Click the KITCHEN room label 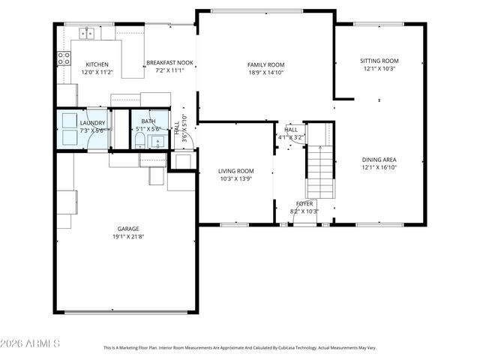click(x=97, y=64)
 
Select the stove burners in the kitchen click(x=64, y=58)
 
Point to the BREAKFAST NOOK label click(x=169, y=63)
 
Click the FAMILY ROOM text click(x=266, y=65)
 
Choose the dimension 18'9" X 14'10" click(x=266, y=73)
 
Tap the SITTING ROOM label click(x=379, y=61)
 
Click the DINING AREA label click(x=379, y=160)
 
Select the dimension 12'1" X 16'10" click(x=379, y=169)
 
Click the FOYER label click(x=304, y=203)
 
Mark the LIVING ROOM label click(x=235, y=170)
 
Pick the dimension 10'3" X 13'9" click(x=235, y=178)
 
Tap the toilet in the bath click(x=139, y=141)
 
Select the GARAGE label click(x=127, y=229)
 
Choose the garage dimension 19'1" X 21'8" click(x=127, y=237)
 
